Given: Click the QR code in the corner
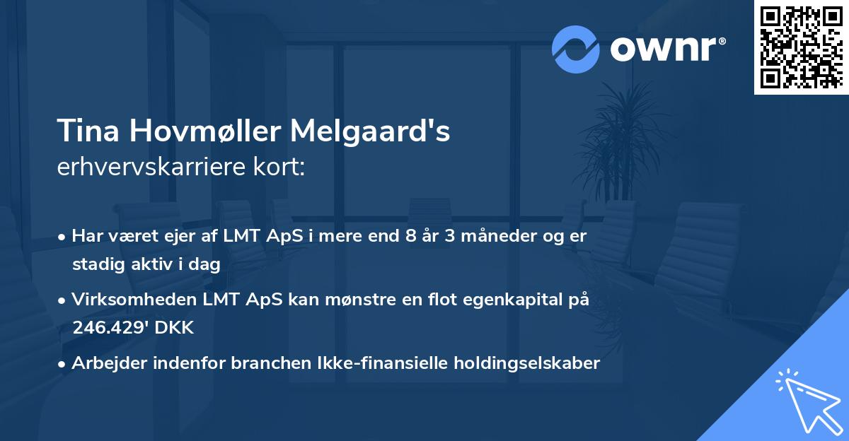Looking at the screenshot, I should pyautogui.click(x=801, y=47).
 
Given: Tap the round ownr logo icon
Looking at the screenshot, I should pyautogui.click(x=576, y=49).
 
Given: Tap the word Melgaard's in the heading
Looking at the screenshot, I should pyautogui.click(x=369, y=131).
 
